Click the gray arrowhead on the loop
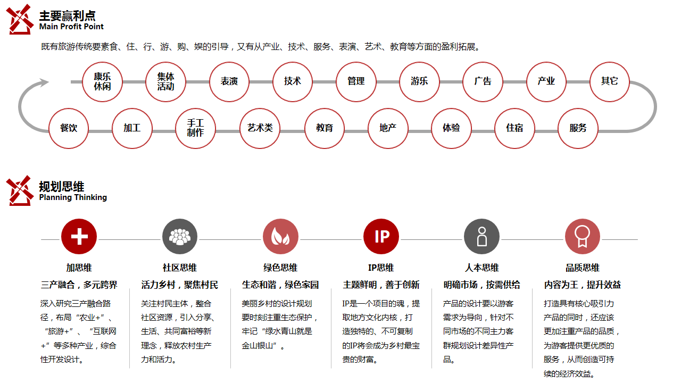pos(44,82)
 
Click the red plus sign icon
pos(79,237)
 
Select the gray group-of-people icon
pos(180,237)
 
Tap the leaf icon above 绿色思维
pos(280,237)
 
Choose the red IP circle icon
pos(381,237)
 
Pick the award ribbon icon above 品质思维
pos(583,237)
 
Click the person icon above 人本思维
pos(481,237)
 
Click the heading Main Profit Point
pos(71,27)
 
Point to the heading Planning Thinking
pos(73,197)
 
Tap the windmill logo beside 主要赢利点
pos(20,19)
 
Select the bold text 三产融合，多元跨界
pos(79,285)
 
